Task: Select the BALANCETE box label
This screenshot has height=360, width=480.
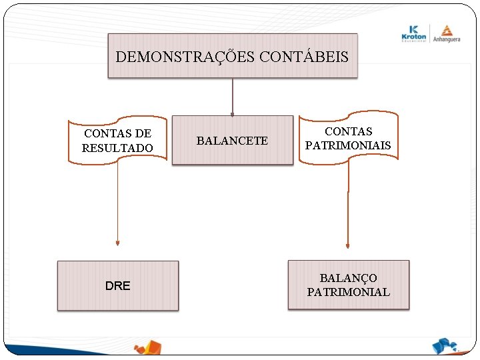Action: pos(232,141)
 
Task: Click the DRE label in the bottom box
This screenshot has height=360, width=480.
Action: pos(118,286)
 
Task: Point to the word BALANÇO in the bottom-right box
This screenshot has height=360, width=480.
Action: pos(348,278)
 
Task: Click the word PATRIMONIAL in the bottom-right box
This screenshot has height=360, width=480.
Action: pos(348,292)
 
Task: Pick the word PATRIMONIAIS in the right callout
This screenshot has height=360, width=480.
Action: pos(348,145)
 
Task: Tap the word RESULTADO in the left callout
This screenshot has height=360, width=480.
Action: pos(117,148)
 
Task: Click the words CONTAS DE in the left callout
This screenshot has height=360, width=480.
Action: pos(117,134)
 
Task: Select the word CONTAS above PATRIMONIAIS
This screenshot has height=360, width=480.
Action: pos(348,131)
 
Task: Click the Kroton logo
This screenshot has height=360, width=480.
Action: pos(414,34)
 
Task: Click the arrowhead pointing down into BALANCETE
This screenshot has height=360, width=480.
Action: pos(232,113)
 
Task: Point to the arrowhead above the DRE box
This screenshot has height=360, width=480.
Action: pos(117,243)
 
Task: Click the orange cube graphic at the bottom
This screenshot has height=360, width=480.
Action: pos(148,349)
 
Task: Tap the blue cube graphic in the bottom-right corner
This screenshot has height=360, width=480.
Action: pos(445,346)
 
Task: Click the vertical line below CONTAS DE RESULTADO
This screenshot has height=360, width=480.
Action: pos(117,200)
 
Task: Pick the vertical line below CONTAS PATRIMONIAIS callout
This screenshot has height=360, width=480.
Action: pos(347,200)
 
